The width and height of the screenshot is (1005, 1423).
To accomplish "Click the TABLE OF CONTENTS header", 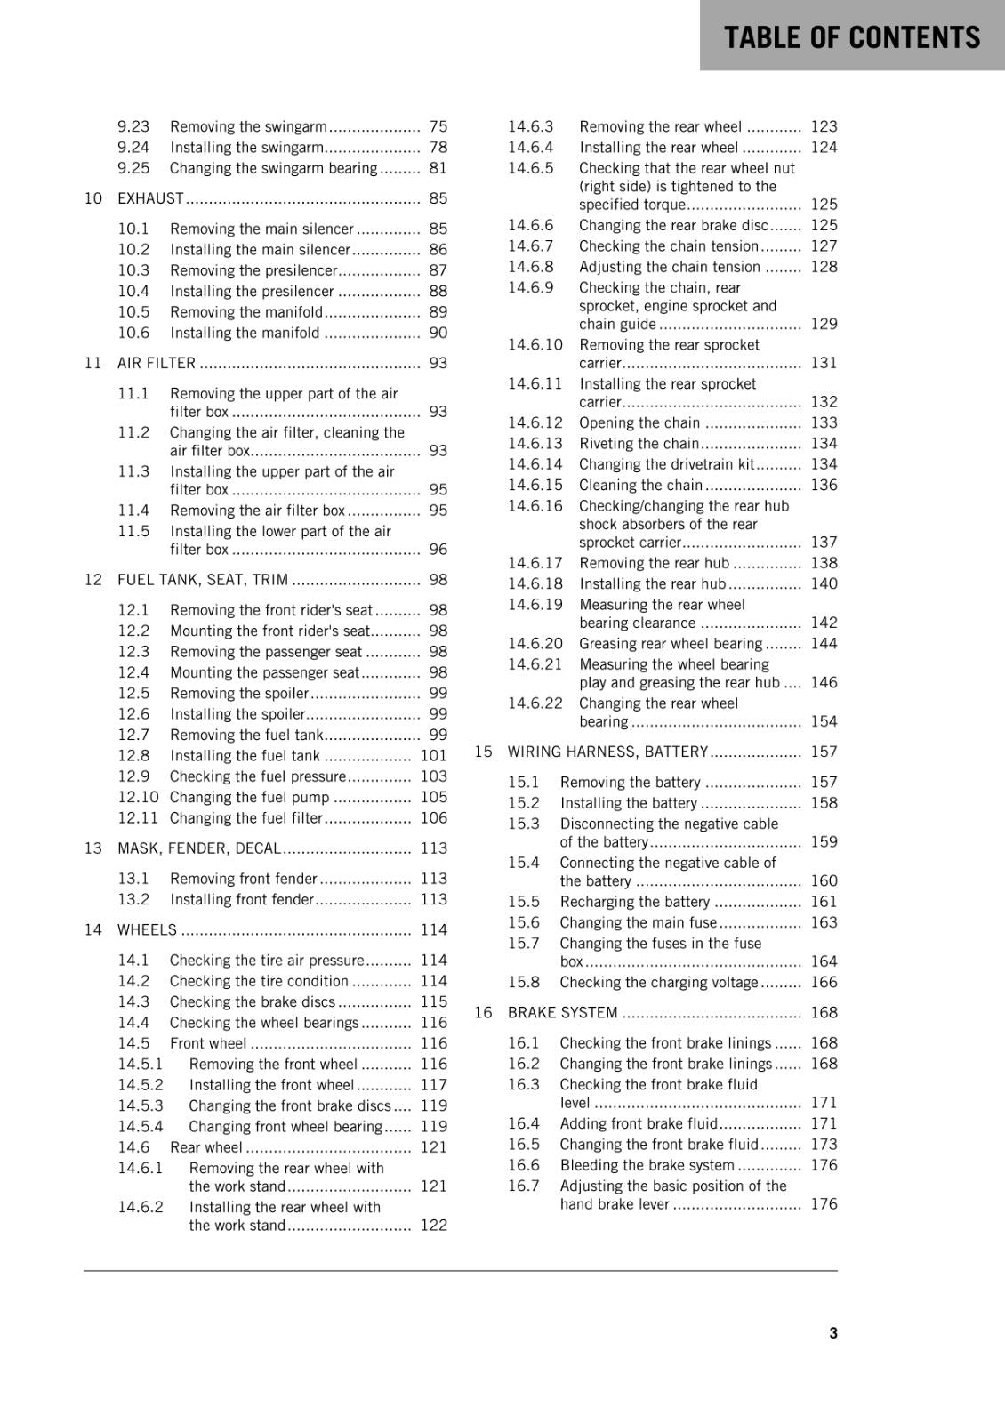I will coord(851,37).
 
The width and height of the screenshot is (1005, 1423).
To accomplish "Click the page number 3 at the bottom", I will coord(832,1332).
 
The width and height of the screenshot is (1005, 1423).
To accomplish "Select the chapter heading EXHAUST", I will coord(150,198).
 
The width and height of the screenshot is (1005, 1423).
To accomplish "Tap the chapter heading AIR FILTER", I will coord(157,363).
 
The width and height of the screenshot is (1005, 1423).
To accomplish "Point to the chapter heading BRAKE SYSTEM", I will coord(562,1012).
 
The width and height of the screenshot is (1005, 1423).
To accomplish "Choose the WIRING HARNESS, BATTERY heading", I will coord(607,752).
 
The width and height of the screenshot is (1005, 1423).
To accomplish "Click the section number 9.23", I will coord(133,126).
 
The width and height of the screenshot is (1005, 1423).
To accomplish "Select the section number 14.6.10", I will coord(535,344).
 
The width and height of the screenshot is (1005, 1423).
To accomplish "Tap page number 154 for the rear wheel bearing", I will coord(824,721).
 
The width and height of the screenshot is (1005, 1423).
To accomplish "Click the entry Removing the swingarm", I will coord(248,126).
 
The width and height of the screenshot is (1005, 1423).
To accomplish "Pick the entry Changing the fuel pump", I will coord(249,797).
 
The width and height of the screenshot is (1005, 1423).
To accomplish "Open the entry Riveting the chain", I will coord(639,443).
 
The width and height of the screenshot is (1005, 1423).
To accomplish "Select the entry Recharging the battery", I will coord(634,901).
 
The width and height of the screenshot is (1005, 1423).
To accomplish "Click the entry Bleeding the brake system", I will coord(647,1165).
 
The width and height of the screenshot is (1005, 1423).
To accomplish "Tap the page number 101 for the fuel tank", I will coord(433,755).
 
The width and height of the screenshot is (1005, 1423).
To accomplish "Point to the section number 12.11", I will coord(138,817).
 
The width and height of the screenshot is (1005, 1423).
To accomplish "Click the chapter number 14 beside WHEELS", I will coord(93,929).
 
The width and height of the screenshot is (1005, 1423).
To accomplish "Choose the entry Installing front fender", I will coord(242,899).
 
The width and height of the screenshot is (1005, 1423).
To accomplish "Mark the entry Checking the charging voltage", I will coord(658,982).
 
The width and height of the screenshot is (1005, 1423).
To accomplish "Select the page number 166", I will coord(824,982).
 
